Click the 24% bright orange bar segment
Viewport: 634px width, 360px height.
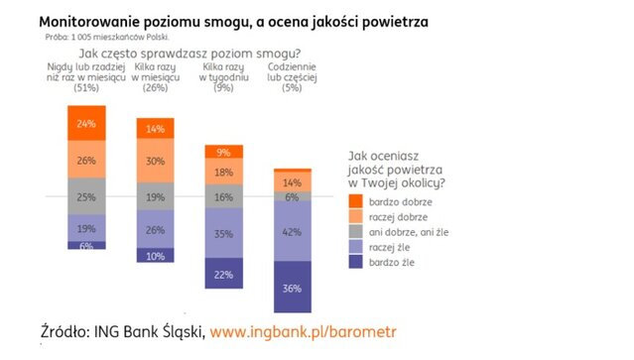click(x=86, y=123)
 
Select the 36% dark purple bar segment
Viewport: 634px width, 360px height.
click(x=291, y=289)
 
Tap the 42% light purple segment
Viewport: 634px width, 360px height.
click(x=291, y=231)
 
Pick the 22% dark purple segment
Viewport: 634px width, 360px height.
click(x=223, y=274)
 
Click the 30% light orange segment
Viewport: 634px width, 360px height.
click(x=154, y=161)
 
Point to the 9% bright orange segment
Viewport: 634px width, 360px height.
click(x=223, y=152)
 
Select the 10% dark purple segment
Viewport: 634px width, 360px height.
click(x=154, y=256)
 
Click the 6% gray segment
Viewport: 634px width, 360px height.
click(x=291, y=197)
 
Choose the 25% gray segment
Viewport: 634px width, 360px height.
click(x=86, y=196)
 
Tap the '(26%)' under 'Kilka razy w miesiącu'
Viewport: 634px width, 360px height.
click(x=155, y=87)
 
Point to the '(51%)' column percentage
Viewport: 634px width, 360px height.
click(x=86, y=87)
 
